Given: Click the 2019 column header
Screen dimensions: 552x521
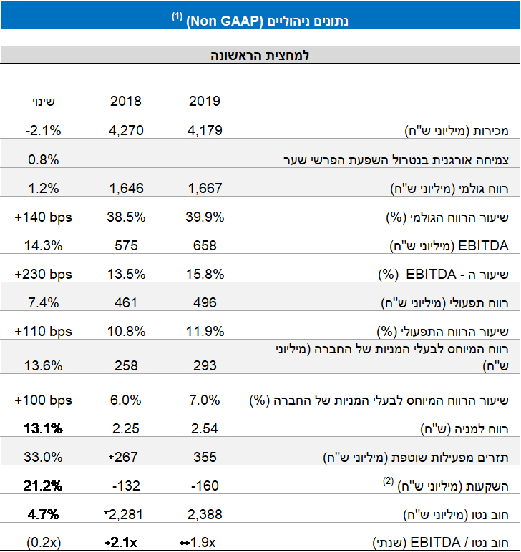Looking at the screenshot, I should tap(204, 101).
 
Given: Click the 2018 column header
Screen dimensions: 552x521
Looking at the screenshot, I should tap(126, 101).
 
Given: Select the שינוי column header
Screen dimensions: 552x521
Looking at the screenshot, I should tap(43, 101).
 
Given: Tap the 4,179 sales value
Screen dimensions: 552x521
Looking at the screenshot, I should tap(204, 130).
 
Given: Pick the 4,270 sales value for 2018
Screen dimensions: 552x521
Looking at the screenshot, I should tap(126, 130).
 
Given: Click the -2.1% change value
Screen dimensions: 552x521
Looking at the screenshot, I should tap(43, 130).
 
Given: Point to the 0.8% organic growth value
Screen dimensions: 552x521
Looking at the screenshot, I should tap(43, 159).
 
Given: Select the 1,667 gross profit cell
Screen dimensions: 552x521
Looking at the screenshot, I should tap(204, 188).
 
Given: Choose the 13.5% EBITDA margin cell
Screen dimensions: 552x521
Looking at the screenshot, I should tap(126, 275).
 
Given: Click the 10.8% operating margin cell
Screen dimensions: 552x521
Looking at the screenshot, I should tap(126, 332).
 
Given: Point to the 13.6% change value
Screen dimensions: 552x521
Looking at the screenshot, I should tap(43, 365).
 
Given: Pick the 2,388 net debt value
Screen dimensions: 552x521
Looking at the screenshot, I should tap(204, 514).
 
